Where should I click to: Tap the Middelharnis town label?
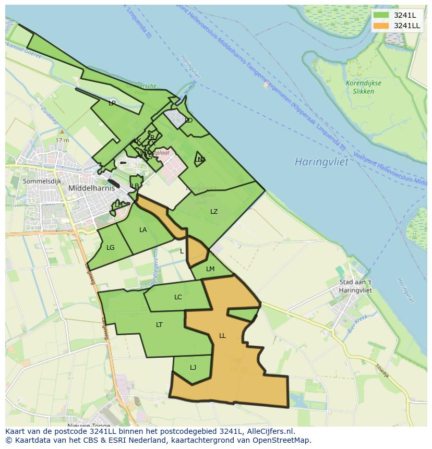click(91, 188)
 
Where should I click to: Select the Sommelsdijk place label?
click(42, 181)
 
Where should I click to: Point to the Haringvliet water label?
click(321, 162)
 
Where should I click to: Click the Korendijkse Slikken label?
click(363, 87)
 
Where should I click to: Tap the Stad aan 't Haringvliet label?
click(355, 286)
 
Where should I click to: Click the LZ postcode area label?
click(214, 212)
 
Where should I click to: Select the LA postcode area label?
click(143, 230)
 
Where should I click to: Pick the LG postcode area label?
click(110, 248)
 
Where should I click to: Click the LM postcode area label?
click(210, 269)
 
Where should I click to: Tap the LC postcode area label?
click(178, 297)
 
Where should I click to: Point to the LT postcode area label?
click(159, 325)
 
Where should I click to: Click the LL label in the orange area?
click(222, 336)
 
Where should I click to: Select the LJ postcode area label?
click(193, 368)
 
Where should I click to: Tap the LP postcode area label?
click(112, 103)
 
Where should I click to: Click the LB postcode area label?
click(135, 186)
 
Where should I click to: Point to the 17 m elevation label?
click(62, 140)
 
